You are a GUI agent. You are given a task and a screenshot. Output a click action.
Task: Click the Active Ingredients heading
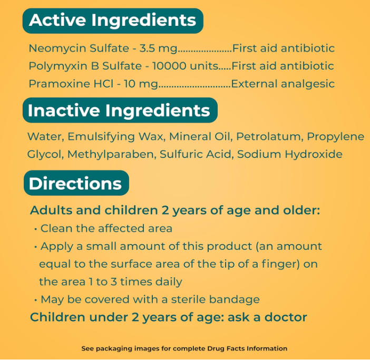point(113,21)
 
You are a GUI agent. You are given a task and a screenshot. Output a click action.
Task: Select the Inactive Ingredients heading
point(119,110)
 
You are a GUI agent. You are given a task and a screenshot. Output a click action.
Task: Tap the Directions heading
point(75,183)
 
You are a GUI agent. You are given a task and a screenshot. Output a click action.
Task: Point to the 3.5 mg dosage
point(158,48)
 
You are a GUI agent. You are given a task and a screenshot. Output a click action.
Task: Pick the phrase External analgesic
point(283,84)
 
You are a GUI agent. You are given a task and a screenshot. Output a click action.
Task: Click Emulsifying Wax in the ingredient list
point(118,137)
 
